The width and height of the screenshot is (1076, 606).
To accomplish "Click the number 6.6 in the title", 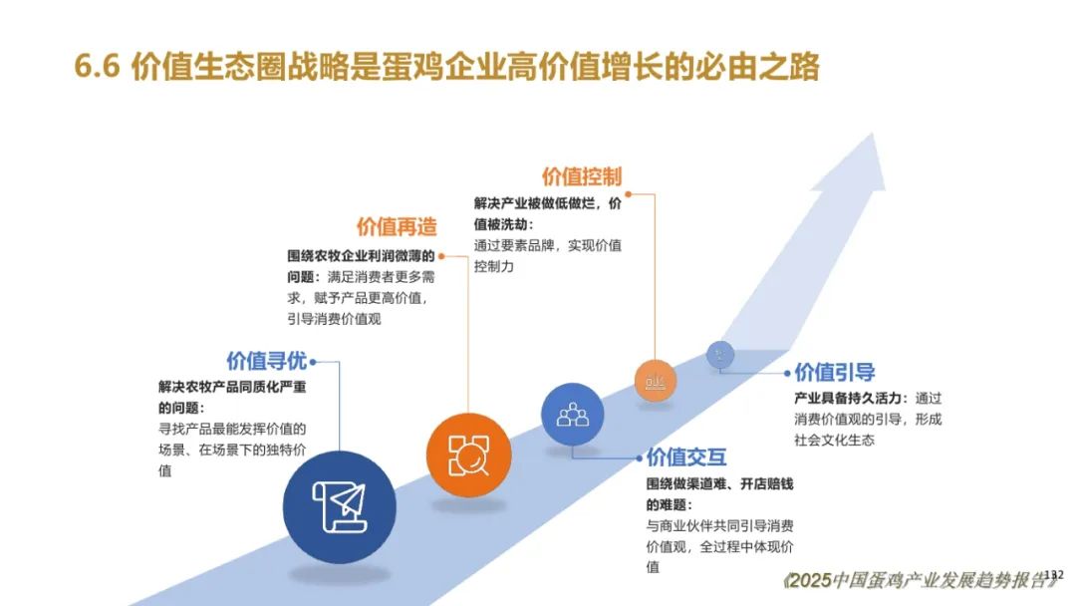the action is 97,67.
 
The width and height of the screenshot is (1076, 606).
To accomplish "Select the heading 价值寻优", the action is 266,361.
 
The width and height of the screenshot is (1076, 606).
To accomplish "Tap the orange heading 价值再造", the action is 396,226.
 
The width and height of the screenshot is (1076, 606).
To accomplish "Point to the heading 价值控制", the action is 581,176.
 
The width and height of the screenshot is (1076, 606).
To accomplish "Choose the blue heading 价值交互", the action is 686,457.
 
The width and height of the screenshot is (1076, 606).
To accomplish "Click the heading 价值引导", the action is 835,373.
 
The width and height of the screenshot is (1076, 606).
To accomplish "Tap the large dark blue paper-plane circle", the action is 339,507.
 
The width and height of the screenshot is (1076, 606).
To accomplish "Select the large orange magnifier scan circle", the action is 468,455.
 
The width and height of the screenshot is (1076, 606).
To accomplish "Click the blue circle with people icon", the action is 572,415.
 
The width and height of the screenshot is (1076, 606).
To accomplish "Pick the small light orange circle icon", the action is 656,380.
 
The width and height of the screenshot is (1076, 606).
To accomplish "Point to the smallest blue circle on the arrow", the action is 720,355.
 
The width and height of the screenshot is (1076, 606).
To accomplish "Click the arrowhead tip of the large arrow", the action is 874,134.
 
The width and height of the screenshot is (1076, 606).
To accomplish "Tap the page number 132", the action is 1053,575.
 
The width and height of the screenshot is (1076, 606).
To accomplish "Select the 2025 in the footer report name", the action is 810,581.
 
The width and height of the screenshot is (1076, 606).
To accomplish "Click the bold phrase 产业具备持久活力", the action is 848,398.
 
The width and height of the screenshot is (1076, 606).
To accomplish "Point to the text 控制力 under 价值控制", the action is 493,266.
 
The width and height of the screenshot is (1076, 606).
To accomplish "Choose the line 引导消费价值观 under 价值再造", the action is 334,319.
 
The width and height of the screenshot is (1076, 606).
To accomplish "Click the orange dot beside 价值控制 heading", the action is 628,194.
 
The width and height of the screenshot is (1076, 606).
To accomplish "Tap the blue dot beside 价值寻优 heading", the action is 313,362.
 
